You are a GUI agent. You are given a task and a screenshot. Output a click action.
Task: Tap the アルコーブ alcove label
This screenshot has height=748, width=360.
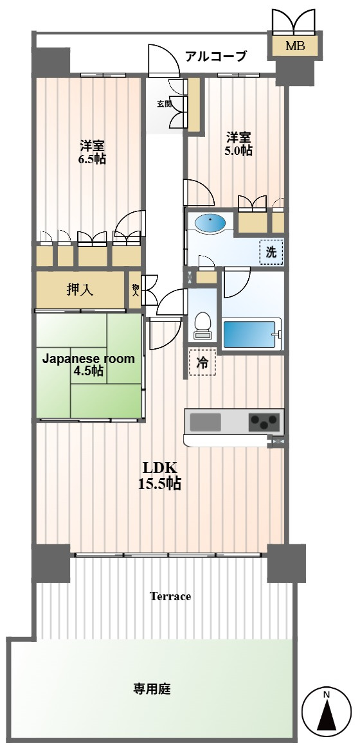(216, 57)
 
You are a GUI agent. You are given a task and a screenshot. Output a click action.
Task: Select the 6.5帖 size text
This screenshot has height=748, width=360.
(92, 159)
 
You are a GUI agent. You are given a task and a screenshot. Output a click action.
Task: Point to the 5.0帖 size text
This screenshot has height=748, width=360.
(239, 150)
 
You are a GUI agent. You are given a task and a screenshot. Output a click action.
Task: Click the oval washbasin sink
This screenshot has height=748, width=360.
(211, 223)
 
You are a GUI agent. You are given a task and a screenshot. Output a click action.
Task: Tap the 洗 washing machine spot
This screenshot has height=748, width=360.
(271, 253)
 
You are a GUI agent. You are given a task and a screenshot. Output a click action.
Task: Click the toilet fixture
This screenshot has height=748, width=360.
(203, 325)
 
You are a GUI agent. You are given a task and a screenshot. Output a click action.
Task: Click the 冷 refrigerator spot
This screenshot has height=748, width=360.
(203, 362)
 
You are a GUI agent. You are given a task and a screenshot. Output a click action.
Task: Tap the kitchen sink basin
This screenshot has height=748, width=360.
(206, 422)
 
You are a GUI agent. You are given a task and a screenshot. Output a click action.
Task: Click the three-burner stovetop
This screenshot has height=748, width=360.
(263, 422)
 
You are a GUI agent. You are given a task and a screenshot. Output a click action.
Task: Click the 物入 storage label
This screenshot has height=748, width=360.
(136, 290)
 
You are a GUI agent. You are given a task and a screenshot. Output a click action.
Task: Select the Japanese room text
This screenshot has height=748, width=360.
(89, 359)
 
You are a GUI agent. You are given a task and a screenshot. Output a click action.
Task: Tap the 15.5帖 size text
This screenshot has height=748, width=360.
(159, 484)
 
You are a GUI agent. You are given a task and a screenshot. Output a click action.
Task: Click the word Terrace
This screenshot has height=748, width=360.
(170, 596)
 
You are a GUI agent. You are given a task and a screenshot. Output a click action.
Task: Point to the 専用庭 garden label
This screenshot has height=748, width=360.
(152, 689)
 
